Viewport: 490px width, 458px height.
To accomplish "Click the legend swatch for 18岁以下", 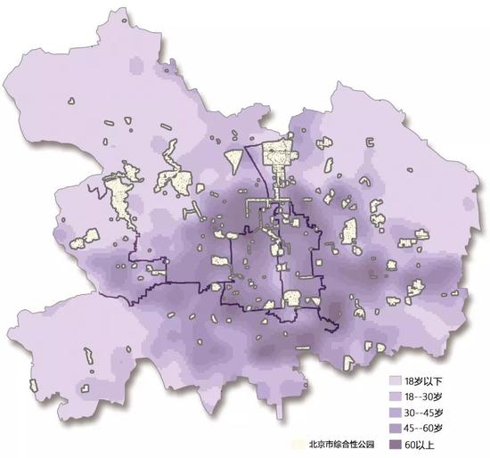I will (x=397, y=379).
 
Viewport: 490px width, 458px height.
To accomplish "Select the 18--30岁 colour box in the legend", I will (x=397, y=396).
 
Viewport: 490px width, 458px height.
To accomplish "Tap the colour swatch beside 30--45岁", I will (x=397, y=412).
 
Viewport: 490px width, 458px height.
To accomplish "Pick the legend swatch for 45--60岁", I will (x=397, y=429).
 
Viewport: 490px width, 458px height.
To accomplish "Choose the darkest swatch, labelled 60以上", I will (x=397, y=446).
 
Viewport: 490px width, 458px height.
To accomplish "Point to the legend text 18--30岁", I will (x=431, y=396).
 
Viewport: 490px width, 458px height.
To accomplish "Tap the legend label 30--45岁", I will (x=431, y=412).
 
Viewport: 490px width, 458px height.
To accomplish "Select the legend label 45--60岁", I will (x=431, y=429).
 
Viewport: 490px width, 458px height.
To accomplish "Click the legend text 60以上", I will (x=427, y=446).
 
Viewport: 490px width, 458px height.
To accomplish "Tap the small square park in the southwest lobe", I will (x=86, y=387).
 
